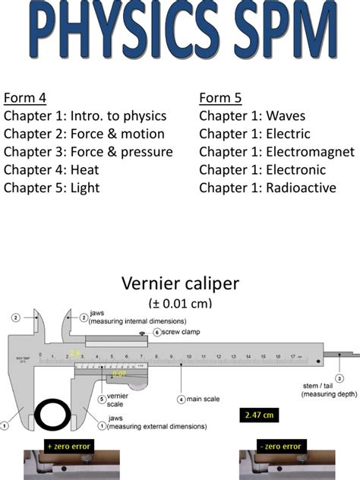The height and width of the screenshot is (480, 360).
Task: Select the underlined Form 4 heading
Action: coord(25,97)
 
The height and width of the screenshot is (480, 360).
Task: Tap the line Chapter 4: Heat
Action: coord(51,169)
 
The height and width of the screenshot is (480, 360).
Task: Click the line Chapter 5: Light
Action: coord(52,188)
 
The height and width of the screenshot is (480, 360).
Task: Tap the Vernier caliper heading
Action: coord(180,284)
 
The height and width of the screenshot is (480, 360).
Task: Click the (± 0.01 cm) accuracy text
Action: coord(180,303)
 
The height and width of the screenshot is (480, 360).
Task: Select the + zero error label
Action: coord(69,446)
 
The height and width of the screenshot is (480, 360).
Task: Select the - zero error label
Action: coord(277,446)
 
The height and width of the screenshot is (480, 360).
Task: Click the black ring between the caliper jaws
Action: coord(50,415)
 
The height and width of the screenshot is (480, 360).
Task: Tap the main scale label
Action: coord(204,399)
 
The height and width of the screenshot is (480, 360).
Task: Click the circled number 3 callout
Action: coord(339,377)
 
